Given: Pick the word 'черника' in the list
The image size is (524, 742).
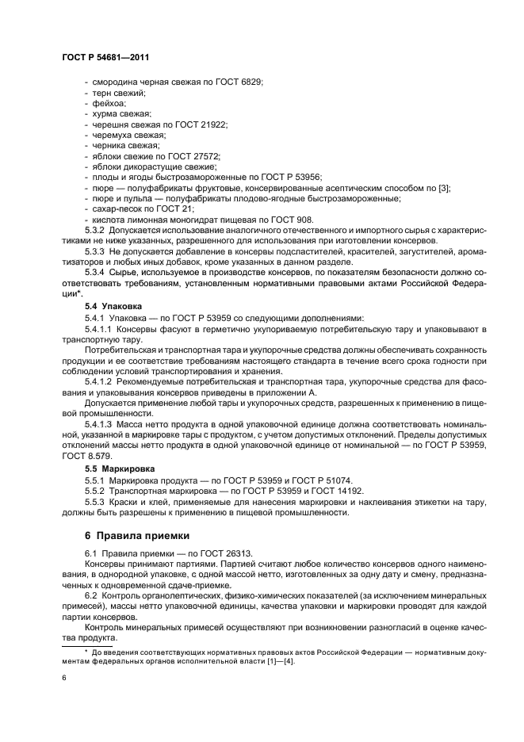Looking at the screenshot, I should point(107,145).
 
